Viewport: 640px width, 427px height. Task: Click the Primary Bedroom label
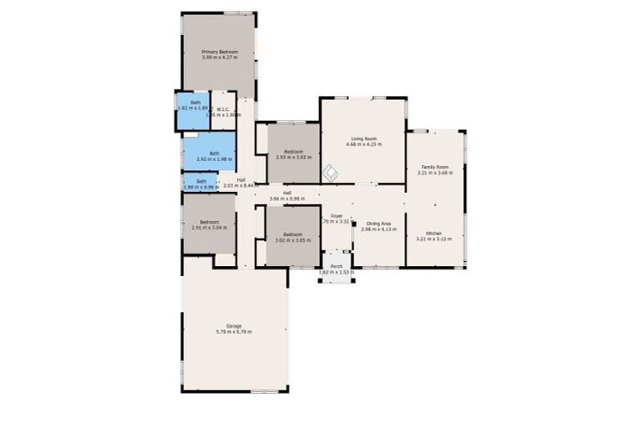point(220,53)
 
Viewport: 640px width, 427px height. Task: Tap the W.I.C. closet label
point(223,108)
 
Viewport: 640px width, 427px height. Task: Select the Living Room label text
point(363,138)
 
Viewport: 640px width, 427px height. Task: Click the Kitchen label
point(434,233)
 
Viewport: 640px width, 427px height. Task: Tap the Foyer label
point(337,216)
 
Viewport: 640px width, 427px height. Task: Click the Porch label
point(337,266)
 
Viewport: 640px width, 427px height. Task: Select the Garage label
point(234,325)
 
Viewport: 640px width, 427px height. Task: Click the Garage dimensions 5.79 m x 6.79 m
point(234,332)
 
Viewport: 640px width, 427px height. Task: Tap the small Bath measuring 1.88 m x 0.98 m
point(201,181)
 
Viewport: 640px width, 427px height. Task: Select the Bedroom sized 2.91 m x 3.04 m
point(208,222)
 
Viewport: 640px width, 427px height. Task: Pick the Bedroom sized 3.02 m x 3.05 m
point(292,234)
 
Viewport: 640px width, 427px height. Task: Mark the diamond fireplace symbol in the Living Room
point(330,172)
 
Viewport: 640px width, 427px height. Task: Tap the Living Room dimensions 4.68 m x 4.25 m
point(363,144)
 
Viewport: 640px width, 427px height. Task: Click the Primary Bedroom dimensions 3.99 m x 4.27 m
point(220,58)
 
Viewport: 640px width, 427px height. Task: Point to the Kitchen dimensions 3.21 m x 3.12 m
point(434,239)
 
